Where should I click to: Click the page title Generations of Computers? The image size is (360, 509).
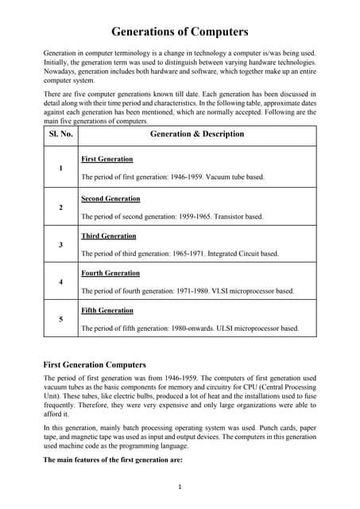pyautogui.click(x=180, y=32)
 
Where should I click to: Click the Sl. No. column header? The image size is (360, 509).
pyautogui.click(x=61, y=134)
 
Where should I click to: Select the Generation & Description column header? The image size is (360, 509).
pyautogui.click(x=197, y=134)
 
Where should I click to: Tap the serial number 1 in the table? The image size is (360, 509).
pyautogui.click(x=61, y=169)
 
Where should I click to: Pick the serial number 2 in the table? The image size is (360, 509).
pyautogui.click(x=61, y=207)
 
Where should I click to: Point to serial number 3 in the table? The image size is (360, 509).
pyautogui.click(x=61, y=244)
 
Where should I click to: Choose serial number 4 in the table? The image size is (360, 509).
pyautogui.click(x=61, y=282)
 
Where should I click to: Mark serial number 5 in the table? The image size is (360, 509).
pyautogui.click(x=61, y=319)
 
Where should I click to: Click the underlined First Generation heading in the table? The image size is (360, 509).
pyautogui.click(x=107, y=159)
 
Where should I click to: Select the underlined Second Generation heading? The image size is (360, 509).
pyautogui.click(x=110, y=198)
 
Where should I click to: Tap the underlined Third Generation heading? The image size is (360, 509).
pyautogui.click(x=109, y=235)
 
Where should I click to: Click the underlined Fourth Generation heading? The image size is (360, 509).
pyautogui.click(x=110, y=273)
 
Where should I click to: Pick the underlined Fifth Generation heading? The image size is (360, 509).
pyautogui.click(x=107, y=310)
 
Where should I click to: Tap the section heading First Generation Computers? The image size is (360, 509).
pyautogui.click(x=94, y=364)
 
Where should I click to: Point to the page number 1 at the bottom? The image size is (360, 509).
pyautogui.click(x=180, y=487)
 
